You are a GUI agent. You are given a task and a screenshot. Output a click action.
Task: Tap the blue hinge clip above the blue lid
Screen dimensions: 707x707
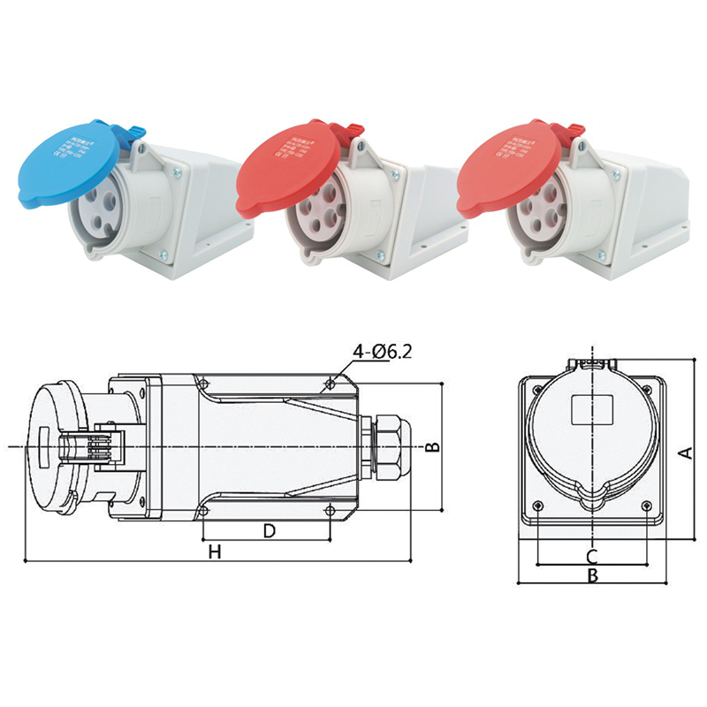point(133,132)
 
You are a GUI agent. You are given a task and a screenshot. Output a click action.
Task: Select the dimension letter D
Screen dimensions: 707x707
point(270,530)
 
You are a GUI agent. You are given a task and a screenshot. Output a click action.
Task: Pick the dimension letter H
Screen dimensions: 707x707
point(213,552)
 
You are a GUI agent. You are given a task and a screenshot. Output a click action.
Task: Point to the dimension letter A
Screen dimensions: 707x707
point(683,452)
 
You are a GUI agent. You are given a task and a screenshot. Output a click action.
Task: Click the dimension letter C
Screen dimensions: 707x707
point(592,556)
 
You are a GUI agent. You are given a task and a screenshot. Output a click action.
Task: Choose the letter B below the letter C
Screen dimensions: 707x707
point(594,576)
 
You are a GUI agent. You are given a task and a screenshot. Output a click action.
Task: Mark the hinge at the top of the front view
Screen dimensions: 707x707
point(591,362)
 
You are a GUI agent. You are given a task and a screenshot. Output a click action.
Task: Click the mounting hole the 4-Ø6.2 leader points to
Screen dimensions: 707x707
point(331,384)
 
